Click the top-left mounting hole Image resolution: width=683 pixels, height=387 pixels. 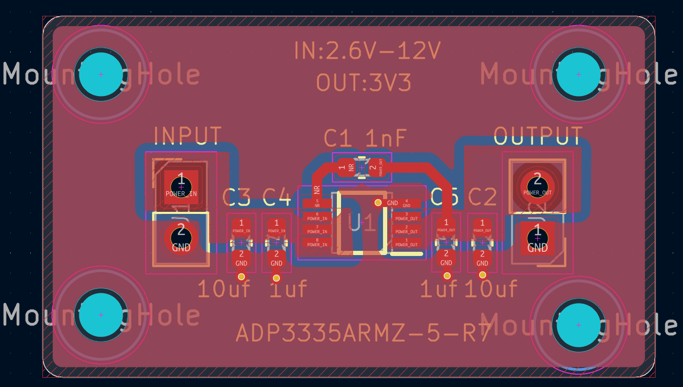[x=101, y=75]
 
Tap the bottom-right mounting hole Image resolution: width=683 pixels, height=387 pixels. [x=578, y=325]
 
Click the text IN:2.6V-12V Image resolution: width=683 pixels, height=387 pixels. [x=367, y=51]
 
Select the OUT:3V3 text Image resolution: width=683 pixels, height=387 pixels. [x=364, y=83]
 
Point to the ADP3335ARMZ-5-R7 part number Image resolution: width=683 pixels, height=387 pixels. [x=364, y=333]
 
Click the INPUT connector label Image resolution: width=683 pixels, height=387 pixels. [x=188, y=136]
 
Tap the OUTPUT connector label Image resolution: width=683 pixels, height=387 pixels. [x=538, y=136]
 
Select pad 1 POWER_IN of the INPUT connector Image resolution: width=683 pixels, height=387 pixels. [x=181, y=187]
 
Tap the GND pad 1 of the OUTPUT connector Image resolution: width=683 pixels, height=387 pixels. [x=537, y=238]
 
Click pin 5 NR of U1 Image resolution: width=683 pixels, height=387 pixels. [x=317, y=203]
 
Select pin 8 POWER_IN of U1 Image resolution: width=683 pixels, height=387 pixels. [x=317, y=242]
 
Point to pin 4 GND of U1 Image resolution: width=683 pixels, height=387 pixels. [x=406, y=203]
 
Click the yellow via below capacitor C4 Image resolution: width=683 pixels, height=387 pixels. [x=276, y=278]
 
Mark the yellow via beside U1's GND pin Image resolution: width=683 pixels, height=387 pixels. [x=378, y=203]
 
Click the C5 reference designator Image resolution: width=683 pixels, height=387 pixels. [x=444, y=197]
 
